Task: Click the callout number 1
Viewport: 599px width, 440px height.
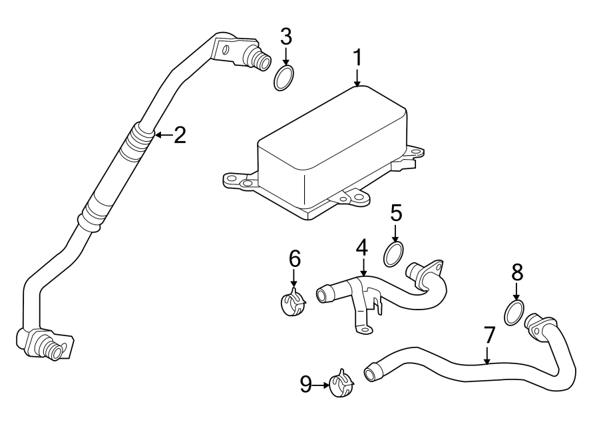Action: click(x=357, y=58)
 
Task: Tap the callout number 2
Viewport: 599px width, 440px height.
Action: click(x=180, y=136)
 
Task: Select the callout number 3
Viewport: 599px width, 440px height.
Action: click(x=286, y=36)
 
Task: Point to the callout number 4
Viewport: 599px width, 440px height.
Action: click(x=361, y=248)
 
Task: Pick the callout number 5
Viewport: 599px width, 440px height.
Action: click(x=396, y=214)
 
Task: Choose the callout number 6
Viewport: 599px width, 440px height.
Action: click(x=295, y=258)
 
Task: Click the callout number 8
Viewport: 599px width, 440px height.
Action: click(x=517, y=272)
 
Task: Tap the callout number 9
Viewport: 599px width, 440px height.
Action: click(x=306, y=383)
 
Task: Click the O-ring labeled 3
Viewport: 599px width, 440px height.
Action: click(x=285, y=77)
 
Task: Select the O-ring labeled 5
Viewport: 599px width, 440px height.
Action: click(x=394, y=254)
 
